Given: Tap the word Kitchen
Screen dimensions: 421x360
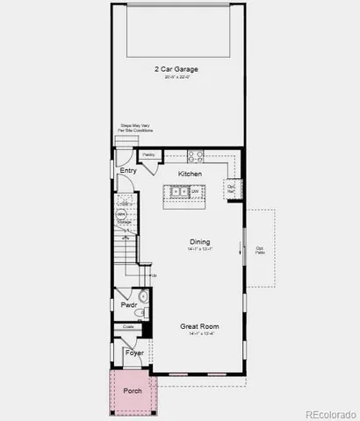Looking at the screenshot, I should coord(190,174).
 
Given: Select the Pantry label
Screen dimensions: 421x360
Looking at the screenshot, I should coord(148,155).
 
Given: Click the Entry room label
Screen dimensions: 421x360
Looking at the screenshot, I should coord(128,171).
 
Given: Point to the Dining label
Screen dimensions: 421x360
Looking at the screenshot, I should coord(200,241).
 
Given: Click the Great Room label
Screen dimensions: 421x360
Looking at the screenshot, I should coord(199,326).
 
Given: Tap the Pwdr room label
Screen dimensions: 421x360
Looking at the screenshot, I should coord(128,304).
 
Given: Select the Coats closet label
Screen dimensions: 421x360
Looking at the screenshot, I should coord(128,326).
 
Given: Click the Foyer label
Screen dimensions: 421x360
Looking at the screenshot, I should coord(133,353).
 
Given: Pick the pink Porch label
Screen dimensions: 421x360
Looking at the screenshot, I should coord(132,390).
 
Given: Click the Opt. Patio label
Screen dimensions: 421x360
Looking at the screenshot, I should coord(260,250).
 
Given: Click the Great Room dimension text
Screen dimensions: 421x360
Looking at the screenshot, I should coord(199,334).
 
